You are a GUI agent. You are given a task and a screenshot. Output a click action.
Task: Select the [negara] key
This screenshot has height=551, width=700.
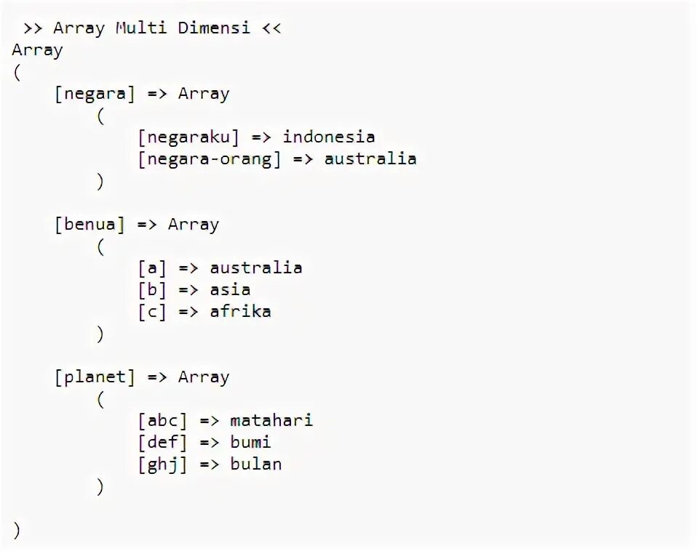(95, 94)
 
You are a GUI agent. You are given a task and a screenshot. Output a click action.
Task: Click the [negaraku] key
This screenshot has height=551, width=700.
(188, 137)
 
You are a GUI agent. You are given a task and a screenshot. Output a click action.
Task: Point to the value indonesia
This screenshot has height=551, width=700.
(329, 137)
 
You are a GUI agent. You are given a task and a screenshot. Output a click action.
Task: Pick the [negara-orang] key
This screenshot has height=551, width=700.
(210, 159)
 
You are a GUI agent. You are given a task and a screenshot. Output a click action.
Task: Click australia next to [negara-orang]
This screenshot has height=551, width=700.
(370, 159)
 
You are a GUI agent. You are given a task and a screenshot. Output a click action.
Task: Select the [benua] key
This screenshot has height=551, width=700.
(90, 225)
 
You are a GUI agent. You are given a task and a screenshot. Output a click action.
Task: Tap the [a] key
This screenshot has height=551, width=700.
(152, 268)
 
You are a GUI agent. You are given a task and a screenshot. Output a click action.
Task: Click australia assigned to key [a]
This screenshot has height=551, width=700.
(256, 268)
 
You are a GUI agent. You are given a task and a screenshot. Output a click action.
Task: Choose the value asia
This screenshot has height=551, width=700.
(230, 290)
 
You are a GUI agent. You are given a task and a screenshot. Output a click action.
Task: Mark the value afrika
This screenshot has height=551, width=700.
(240, 312)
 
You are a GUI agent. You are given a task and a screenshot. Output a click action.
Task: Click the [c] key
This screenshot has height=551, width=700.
(152, 312)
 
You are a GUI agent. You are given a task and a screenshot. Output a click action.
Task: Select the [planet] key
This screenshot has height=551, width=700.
(95, 377)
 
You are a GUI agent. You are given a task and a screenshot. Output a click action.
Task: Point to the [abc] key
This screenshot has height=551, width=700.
(162, 421)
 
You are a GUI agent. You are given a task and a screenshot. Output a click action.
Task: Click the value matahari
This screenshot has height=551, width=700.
(271, 421)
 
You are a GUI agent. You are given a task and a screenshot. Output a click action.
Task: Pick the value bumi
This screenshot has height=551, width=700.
(250, 443)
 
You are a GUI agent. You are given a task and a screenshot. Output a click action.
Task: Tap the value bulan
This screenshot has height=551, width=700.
(255, 464)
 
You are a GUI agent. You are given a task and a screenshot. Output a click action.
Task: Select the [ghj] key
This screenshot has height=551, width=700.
(162, 464)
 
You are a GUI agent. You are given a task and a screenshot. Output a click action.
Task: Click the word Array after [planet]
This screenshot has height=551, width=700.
(204, 377)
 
